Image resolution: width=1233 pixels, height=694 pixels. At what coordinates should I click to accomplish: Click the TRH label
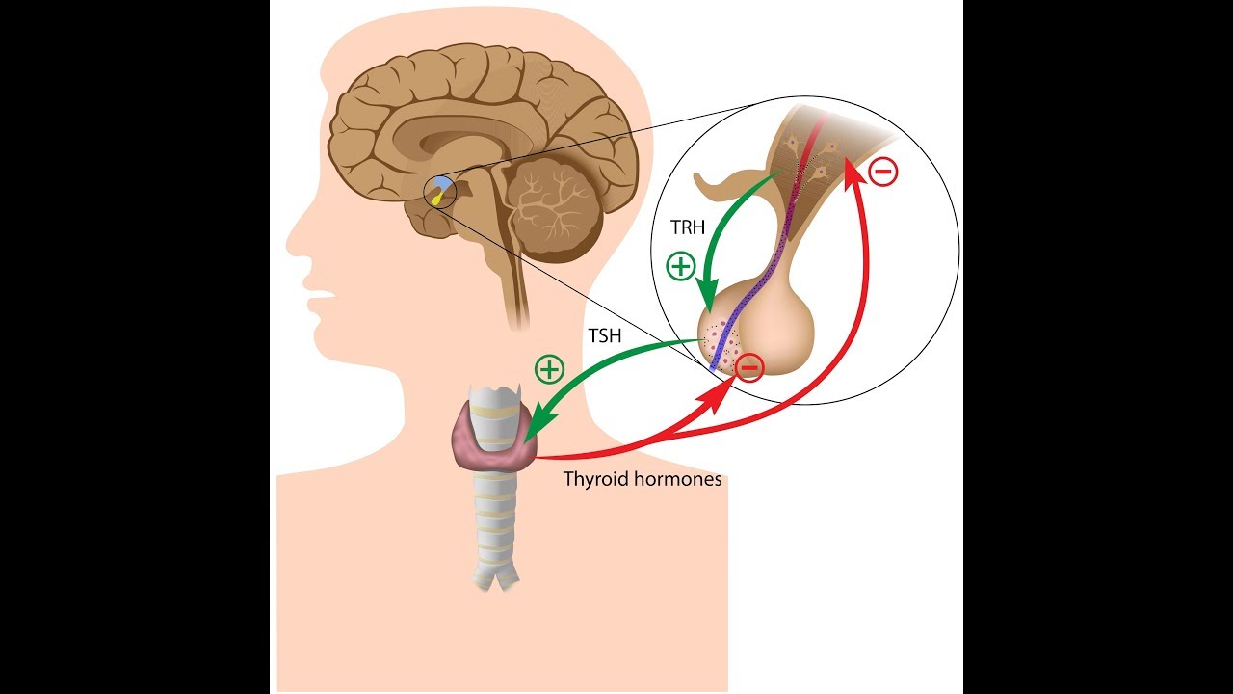coord(689,227)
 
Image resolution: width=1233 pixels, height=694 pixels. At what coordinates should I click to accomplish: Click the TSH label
coord(605,336)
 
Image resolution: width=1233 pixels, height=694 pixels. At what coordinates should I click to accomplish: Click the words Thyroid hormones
coord(643,478)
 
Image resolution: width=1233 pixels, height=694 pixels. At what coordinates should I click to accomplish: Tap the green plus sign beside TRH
coord(681,266)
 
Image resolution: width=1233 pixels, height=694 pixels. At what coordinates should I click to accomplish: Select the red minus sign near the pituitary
coord(750,367)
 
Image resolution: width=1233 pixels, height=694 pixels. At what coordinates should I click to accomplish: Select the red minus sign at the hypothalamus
coord(883,172)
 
